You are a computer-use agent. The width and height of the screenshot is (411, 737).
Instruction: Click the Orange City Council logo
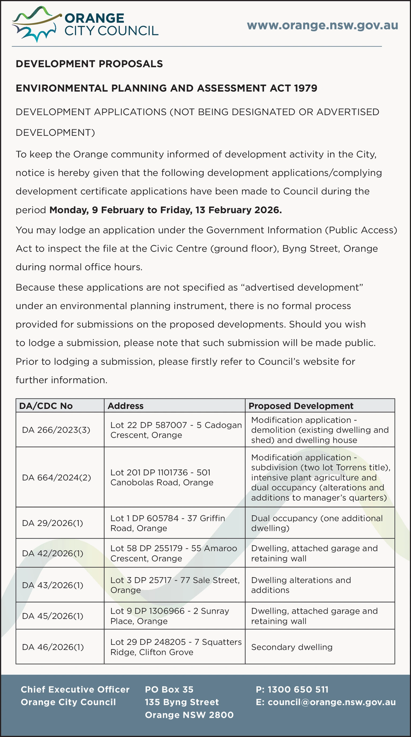point(85,24)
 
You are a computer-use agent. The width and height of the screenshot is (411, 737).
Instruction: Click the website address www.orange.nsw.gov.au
point(323,25)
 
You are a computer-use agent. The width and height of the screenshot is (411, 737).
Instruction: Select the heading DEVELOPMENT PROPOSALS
point(89,64)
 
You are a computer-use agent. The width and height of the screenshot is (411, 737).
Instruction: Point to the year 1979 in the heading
point(305,88)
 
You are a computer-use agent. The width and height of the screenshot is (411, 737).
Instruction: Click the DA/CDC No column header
point(46,406)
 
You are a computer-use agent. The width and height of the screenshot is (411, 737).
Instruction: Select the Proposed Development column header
point(301,406)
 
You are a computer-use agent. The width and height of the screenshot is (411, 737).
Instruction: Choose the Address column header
point(126,406)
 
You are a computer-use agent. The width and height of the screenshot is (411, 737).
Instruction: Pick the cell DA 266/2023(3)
point(56,430)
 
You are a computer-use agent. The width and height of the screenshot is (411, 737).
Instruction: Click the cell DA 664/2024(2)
point(57,477)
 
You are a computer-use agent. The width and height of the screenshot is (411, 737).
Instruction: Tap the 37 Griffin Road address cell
point(168,523)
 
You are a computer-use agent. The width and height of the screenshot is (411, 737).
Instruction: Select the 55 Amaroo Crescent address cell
point(174,553)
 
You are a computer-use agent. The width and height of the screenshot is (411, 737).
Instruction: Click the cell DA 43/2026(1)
point(53,585)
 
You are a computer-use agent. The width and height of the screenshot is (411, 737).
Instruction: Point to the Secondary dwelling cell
point(292,647)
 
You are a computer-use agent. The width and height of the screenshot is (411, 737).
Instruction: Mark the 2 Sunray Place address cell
point(170,616)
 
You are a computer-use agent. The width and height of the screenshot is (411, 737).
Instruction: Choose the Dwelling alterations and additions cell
point(301,585)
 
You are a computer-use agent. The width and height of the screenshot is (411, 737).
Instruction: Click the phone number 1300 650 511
point(292,690)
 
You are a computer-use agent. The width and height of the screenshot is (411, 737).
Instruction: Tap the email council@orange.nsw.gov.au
point(326,702)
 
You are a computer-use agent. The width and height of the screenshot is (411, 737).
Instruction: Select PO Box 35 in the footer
point(169,690)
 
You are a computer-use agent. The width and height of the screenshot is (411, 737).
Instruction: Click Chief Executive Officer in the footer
point(75,690)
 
